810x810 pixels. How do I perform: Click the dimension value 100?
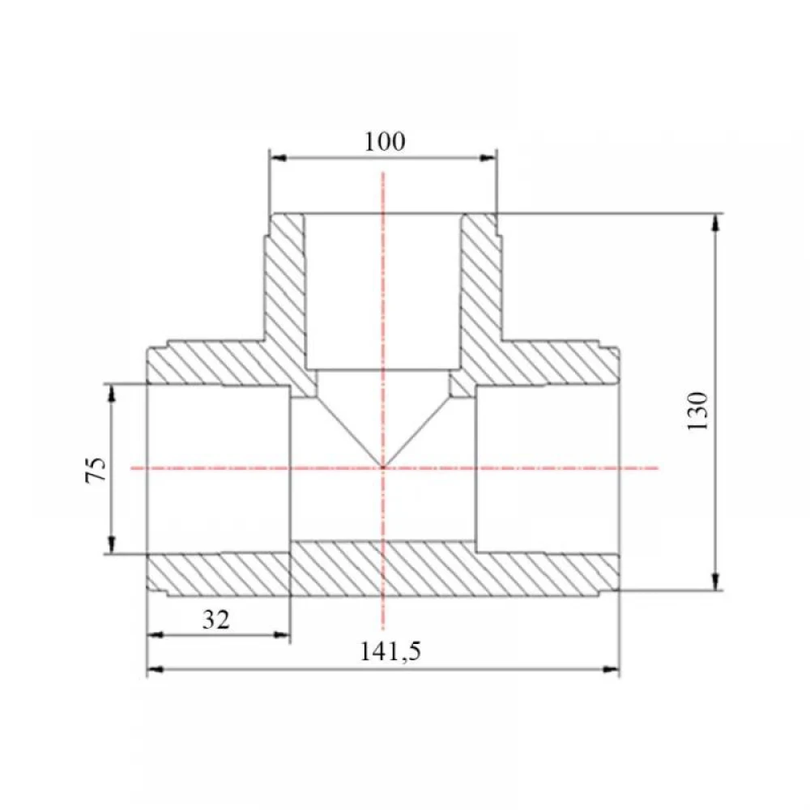(385, 142)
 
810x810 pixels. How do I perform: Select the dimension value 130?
(697, 411)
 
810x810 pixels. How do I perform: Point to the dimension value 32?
(215, 620)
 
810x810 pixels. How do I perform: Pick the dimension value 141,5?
(390, 651)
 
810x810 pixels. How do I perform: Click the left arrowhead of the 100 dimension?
(278, 158)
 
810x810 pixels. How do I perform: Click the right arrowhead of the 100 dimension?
(488, 158)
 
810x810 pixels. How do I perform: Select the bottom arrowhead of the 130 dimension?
(715, 581)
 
